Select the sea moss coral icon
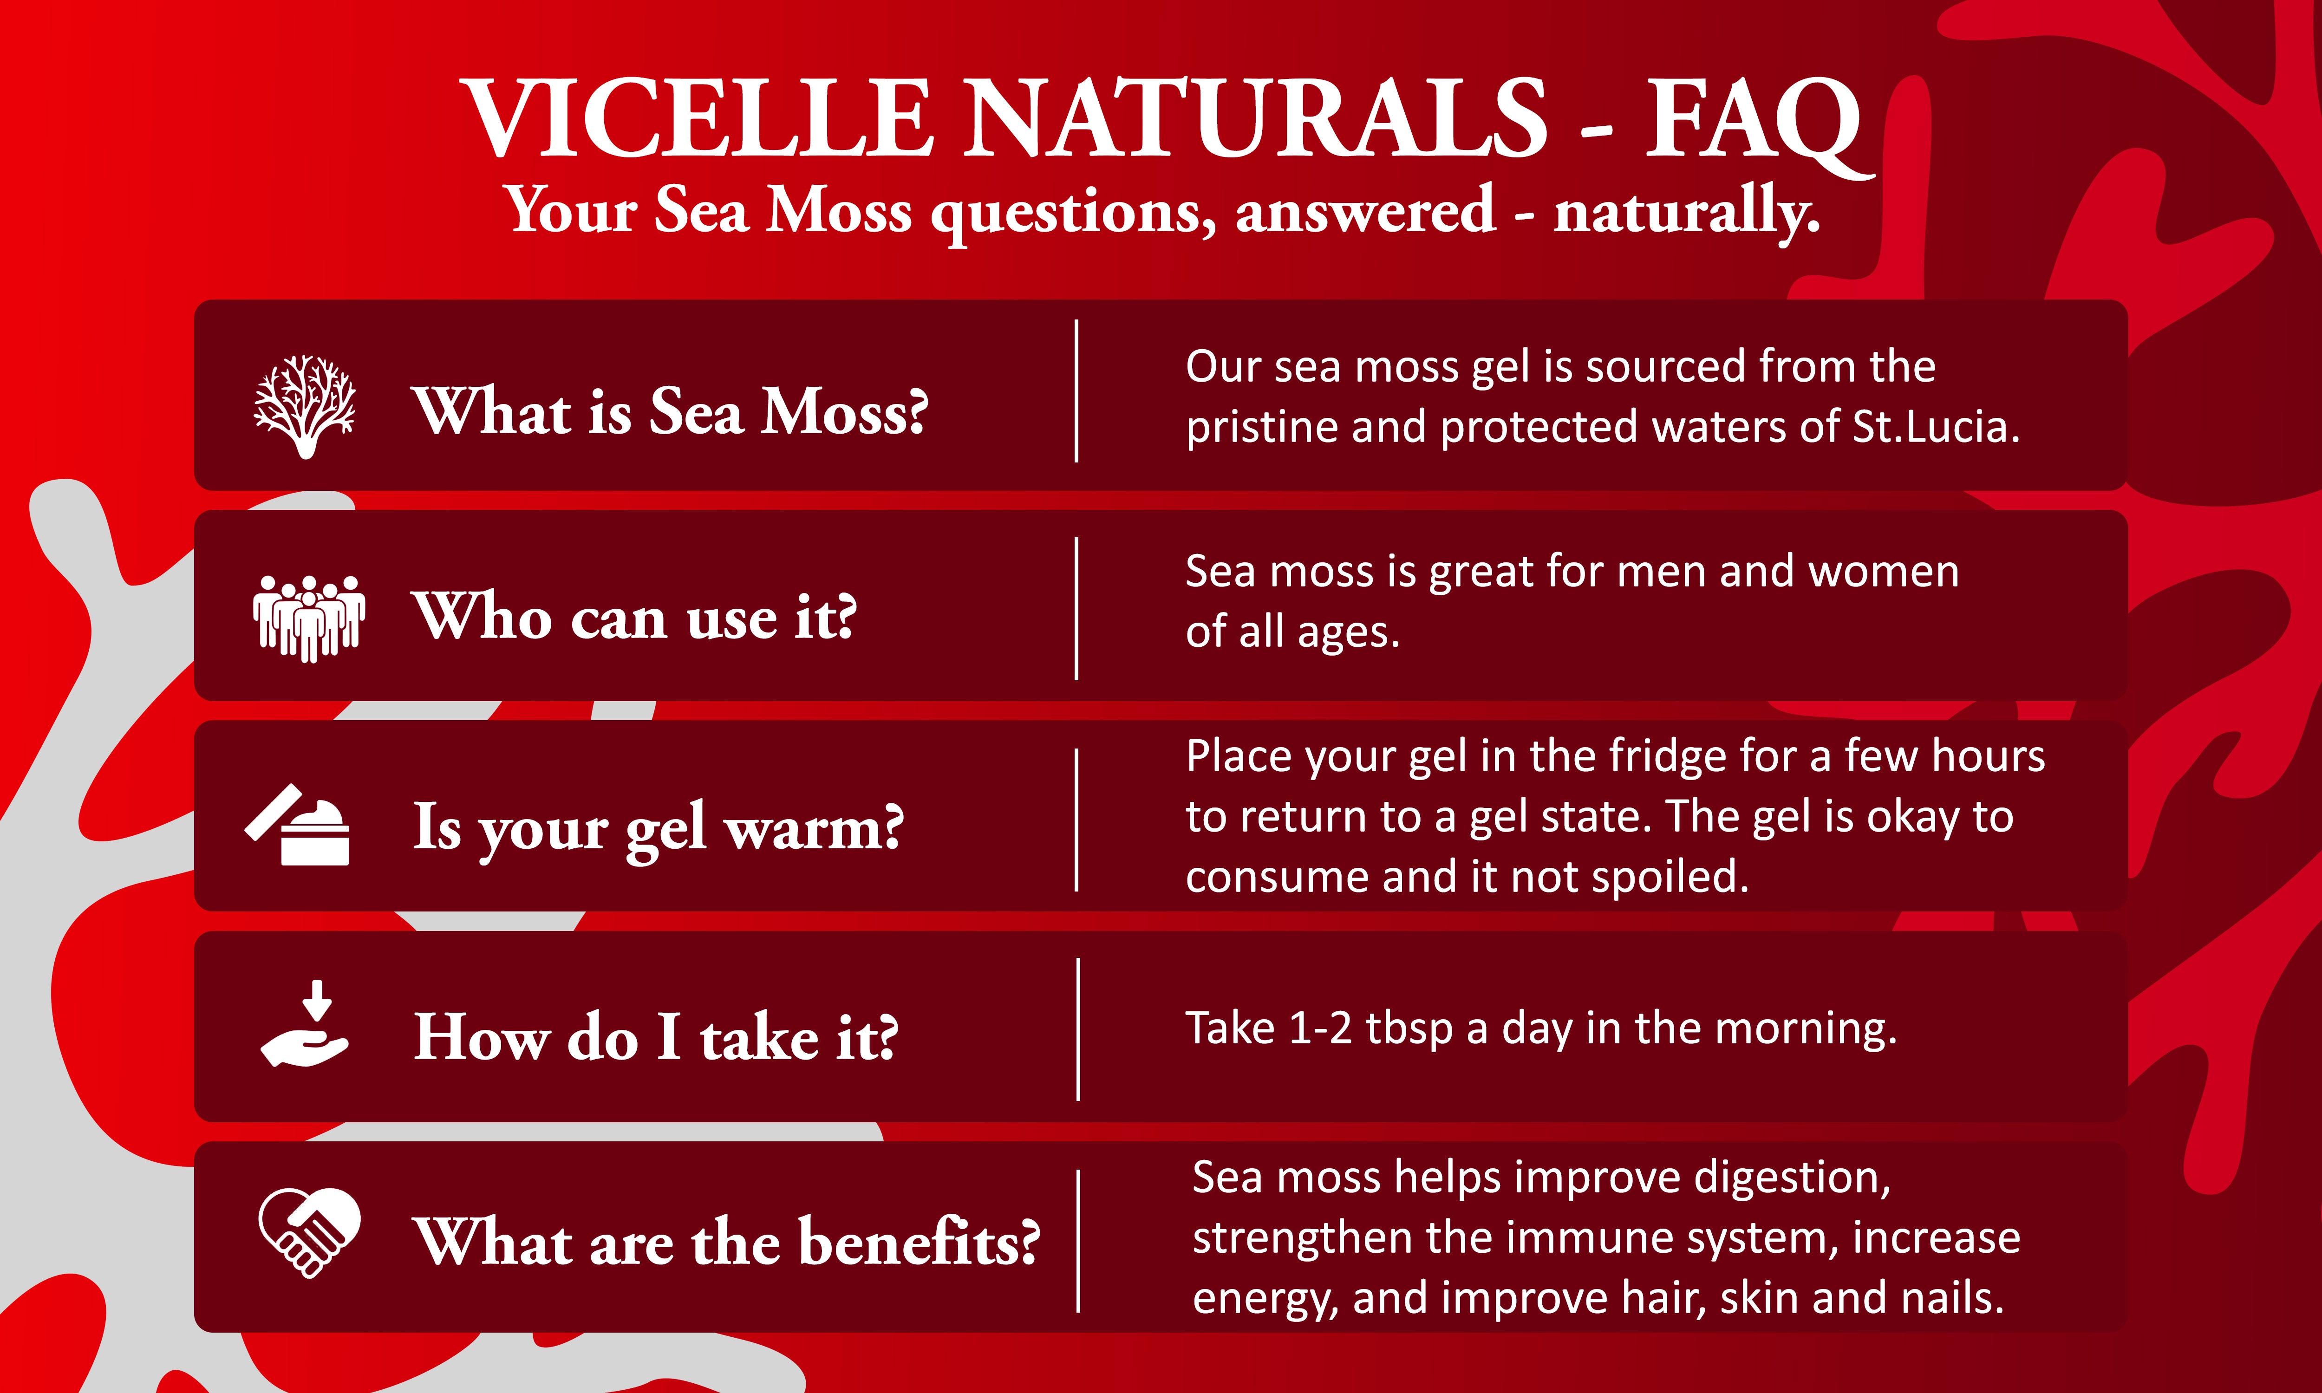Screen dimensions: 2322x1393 [x=305, y=406]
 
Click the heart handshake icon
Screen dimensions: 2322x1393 [x=309, y=1232]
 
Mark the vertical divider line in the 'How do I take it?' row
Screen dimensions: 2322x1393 [x=1078, y=1029]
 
